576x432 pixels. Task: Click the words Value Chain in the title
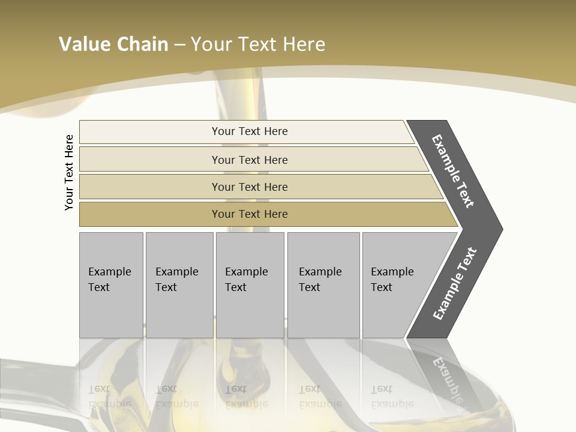coord(113,44)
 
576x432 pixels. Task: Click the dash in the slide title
coord(179,44)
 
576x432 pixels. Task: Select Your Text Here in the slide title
coord(258,44)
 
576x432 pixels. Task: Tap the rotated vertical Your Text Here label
coord(69,172)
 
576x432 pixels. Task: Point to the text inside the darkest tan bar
coord(250,214)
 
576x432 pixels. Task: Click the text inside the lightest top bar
coord(250,131)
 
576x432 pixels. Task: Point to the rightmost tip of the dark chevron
coord(500,229)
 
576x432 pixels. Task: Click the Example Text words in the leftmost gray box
coord(109,280)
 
